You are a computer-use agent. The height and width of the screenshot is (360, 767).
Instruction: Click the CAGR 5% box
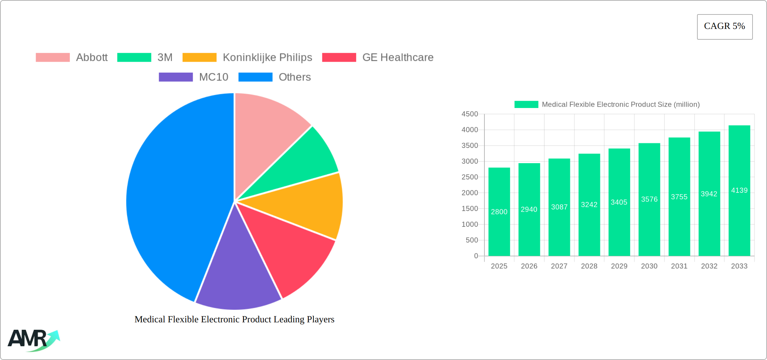point(724,27)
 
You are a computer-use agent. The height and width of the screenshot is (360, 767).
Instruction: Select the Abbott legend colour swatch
point(53,58)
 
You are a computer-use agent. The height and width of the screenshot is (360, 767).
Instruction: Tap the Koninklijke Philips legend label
point(267,58)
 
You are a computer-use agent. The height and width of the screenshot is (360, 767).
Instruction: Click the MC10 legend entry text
point(214,77)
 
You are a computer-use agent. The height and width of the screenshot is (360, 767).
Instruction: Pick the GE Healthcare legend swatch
point(339,58)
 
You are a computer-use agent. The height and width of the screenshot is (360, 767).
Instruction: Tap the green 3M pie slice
point(303,161)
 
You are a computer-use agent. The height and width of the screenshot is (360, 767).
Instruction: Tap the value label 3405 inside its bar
point(619,202)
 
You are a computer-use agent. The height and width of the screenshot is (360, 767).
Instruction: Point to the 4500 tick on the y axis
point(470,114)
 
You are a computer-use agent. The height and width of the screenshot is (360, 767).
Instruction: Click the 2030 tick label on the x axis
point(649,266)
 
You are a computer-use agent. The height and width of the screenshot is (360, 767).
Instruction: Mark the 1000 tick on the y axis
point(470,224)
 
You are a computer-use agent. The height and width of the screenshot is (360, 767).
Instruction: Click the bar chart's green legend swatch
point(526,105)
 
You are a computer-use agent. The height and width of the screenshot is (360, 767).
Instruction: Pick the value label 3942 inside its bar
point(709,194)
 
